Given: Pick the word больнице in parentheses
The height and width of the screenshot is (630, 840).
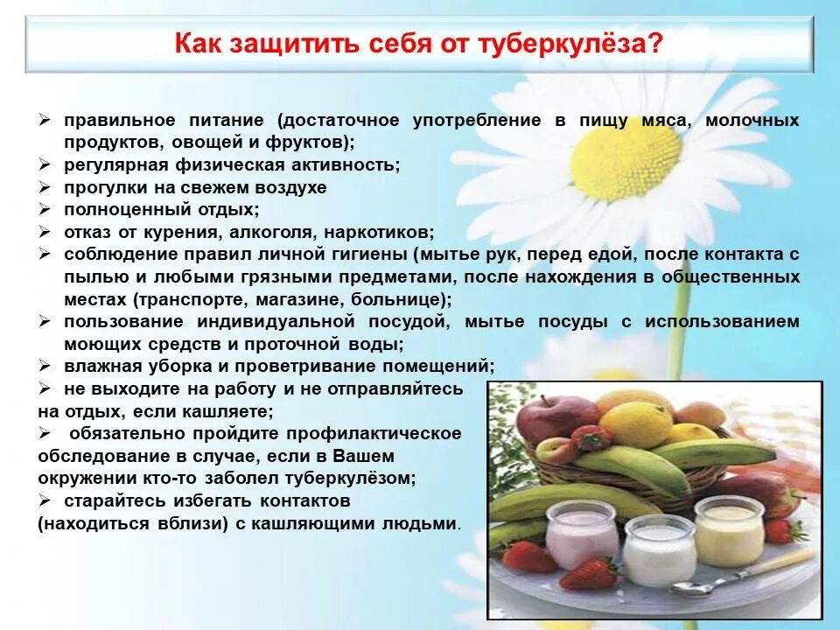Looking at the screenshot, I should point(406,299).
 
